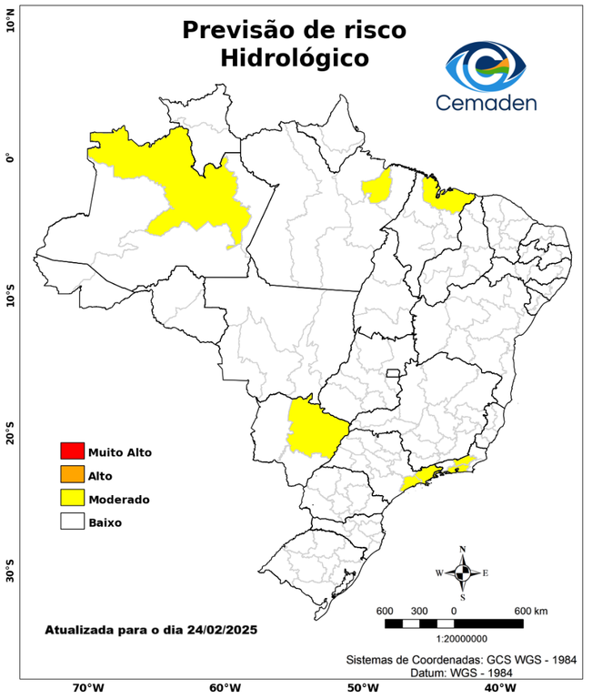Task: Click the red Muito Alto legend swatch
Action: click(71, 451)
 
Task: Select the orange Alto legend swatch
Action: click(71, 474)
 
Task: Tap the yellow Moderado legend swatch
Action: click(71, 498)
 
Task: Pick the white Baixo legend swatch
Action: click(71, 522)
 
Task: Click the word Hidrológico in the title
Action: click(294, 58)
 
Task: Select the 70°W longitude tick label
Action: click(88, 687)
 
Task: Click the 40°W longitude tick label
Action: click(497, 687)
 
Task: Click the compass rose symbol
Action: click(463, 572)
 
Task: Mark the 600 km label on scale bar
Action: click(530, 610)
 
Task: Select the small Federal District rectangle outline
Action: click(394, 373)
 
